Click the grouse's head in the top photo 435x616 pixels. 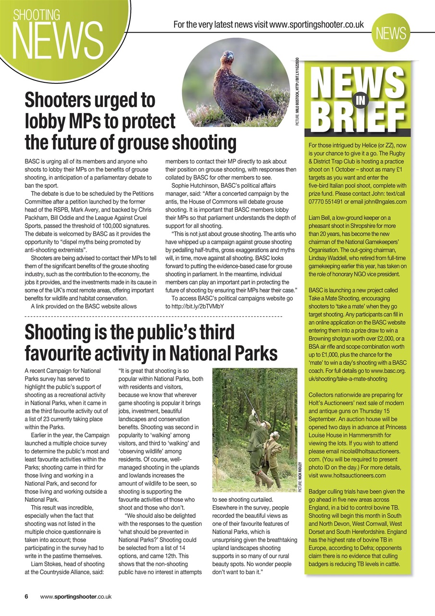(x=228, y=57)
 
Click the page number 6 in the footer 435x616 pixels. (x=27, y=596)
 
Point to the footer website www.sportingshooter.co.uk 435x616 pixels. (x=76, y=596)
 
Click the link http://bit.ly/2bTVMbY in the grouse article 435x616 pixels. (x=198, y=306)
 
